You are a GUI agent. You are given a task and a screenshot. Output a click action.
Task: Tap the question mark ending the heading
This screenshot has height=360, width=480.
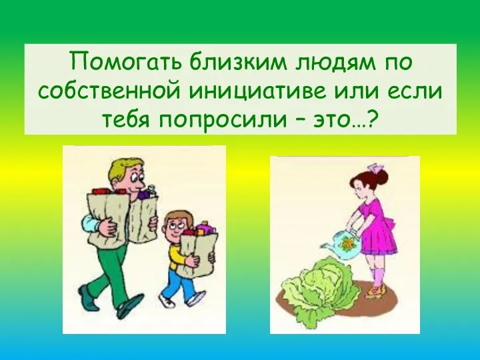click(374, 120)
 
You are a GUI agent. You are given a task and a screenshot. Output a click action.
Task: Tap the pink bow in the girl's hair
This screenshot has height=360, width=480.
click(381, 167)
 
